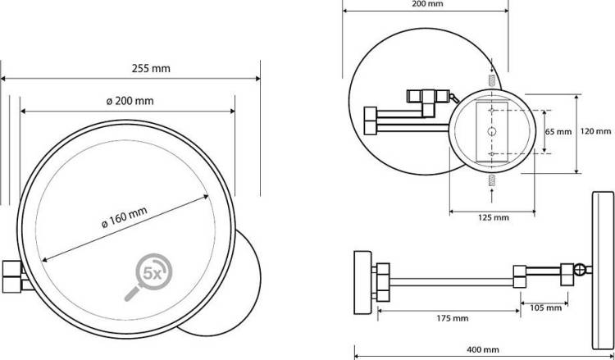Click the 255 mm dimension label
151,69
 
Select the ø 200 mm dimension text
130,101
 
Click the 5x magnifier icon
148,277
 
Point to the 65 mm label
558,132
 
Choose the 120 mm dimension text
596,131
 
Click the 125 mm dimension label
494,217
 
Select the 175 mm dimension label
453,318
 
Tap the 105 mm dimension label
545,308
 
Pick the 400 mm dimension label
483,349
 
